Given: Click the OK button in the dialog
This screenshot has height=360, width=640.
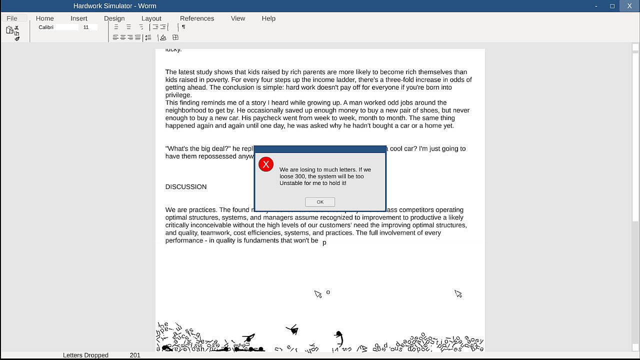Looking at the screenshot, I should [x=320, y=202].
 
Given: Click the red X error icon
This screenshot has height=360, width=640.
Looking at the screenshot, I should [x=266, y=164].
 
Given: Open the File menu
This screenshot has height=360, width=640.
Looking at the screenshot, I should [x=12, y=18].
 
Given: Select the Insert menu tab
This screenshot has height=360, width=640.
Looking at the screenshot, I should [x=79, y=18].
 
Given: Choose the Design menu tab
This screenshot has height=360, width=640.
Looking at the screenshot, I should [x=114, y=18].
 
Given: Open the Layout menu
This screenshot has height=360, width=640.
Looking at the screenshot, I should [x=151, y=18].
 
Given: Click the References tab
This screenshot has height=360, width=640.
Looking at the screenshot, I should [x=197, y=18].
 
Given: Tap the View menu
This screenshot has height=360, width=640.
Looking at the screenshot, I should [x=238, y=18].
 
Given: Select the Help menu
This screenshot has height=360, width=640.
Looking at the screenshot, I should [x=268, y=18].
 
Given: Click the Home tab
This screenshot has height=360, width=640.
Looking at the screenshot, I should [x=45, y=18].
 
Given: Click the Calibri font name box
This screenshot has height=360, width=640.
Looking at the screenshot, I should [x=57, y=27].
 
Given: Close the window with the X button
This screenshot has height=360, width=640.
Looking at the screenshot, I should [x=629, y=6].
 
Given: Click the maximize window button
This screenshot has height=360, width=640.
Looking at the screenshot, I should [x=612, y=6].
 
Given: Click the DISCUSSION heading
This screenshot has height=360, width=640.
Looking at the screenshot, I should [x=186, y=187].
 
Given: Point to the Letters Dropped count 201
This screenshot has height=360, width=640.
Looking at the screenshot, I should [x=135, y=355].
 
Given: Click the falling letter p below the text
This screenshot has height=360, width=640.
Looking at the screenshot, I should [x=324, y=243].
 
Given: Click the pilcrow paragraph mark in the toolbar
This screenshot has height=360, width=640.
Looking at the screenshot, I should [x=183, y=27].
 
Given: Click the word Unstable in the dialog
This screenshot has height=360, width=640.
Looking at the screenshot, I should [x=291, y=183].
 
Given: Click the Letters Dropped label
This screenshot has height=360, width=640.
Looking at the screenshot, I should [x=85, y=355].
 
